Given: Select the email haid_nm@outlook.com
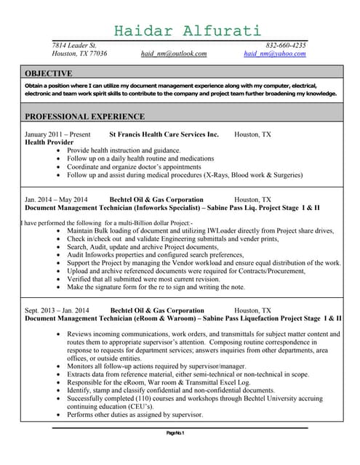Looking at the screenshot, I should (174, 54).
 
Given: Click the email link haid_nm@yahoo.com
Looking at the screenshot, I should (275, 54).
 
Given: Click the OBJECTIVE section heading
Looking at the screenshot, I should (49, 73).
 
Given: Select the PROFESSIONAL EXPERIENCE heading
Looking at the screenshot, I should (85, 116).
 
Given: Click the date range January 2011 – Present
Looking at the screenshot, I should (57, 134).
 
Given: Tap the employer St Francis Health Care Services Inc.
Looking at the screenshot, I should (164, 134).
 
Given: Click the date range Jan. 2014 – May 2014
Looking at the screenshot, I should (56, 199).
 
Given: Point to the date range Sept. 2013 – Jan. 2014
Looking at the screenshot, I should (57, 310).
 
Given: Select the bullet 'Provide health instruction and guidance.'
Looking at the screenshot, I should (124, 150).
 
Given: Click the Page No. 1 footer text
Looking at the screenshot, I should (175, 433).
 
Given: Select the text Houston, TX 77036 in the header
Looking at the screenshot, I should (79, 54).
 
